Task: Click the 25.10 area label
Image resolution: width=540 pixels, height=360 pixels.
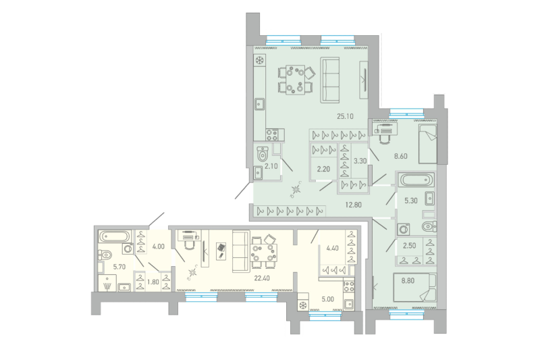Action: (x=346, y=115)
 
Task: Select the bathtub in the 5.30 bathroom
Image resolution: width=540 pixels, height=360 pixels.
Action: (x=416, y=181)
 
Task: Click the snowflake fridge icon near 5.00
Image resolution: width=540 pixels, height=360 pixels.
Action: (x=304, y=305)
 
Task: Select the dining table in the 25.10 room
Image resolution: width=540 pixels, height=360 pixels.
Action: (x=294, y=78)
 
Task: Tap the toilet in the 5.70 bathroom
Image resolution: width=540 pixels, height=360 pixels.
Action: (x=105, y=255)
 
